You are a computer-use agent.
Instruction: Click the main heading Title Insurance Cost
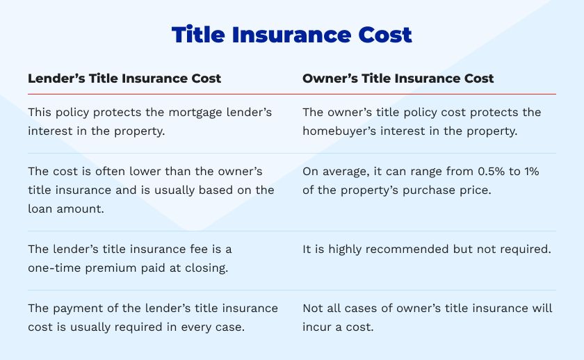[292, 35]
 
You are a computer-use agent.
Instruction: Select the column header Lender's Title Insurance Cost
[124, 79]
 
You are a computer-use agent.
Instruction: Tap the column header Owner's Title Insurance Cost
[398, 79]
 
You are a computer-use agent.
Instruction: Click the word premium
[113, 267]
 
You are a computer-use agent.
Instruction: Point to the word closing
[204, 267]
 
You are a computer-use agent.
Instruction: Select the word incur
[317, 325]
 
